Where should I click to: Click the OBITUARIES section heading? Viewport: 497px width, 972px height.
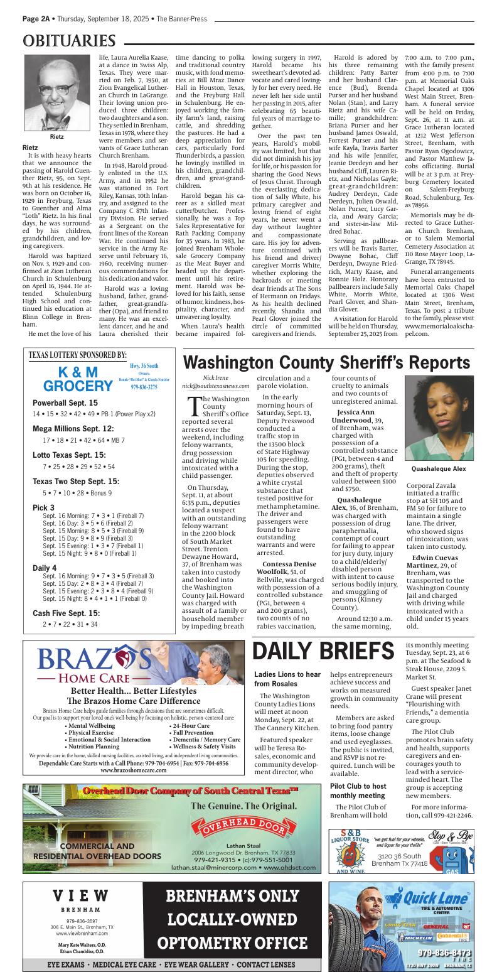click(x=69, y=41)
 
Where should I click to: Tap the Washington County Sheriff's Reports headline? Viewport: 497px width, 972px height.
click(x=326, y=363)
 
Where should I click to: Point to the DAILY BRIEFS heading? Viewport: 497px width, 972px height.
click(x=323, y=651)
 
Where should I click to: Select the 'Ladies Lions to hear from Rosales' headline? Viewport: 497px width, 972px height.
click(x=287, y=679)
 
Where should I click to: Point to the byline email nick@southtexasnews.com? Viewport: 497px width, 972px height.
click(x=215, y=386)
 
